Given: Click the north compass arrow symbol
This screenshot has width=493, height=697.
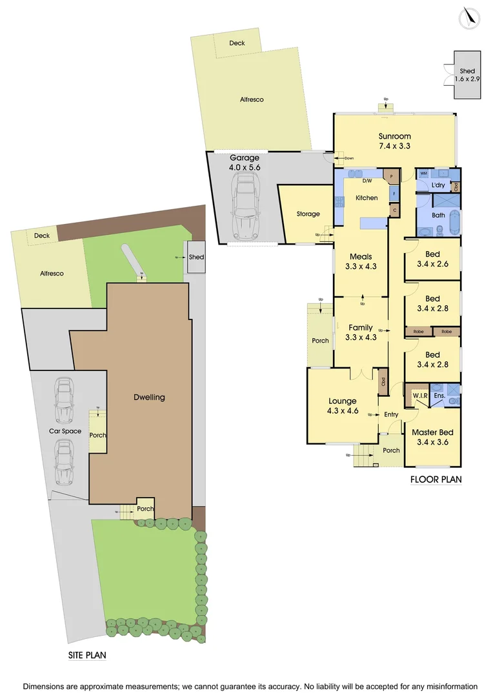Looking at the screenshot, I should (x=470, y=17).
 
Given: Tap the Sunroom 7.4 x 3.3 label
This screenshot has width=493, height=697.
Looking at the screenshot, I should (x=395, y=141).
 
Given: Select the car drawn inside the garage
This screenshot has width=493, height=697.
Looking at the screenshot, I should (x=245, y=208).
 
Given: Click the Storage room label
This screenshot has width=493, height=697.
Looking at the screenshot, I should (x=308, y=214).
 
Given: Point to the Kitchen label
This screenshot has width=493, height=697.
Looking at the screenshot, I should (x=367, y=197).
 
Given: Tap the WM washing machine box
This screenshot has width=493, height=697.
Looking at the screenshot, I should (x=424, y=174).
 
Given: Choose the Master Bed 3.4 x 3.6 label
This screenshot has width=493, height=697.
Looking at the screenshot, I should (x=432, y=437).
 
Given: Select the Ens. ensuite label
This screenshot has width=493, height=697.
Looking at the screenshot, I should (x=439, y=395).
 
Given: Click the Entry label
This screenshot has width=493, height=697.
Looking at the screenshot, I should (x=391, y=414).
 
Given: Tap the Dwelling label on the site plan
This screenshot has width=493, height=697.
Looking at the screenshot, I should (x=149, y=397).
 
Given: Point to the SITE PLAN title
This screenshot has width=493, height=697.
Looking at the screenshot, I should (x=87, y=654).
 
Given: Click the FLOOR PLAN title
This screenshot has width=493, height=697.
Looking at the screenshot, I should (x=436, y=480).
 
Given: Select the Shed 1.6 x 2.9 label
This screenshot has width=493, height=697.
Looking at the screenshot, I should (x=467, y=74).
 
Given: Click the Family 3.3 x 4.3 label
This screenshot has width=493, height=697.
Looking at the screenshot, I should (x=360, y=332).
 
